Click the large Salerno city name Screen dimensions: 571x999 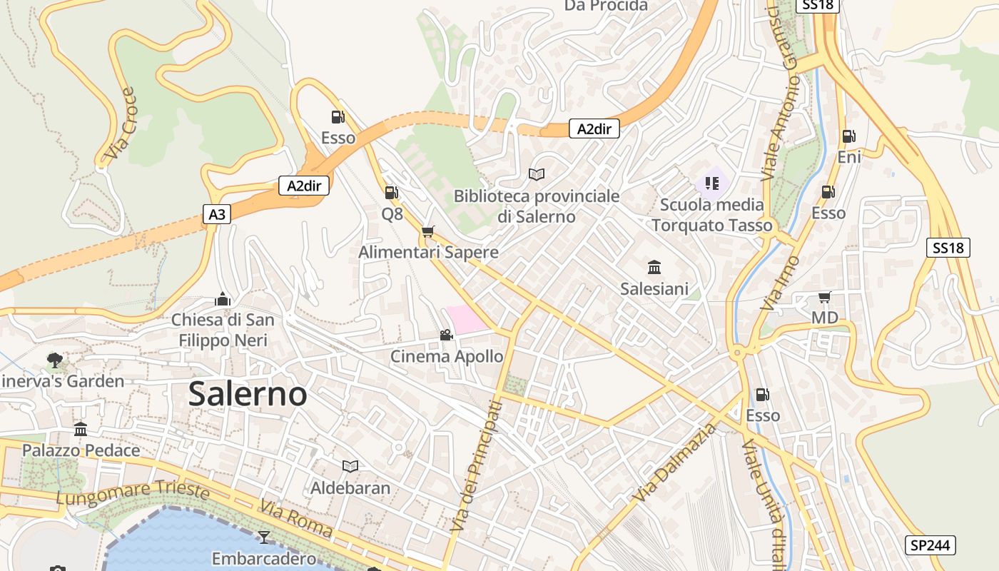point(248,394)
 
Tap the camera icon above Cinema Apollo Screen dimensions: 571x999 point(446,335)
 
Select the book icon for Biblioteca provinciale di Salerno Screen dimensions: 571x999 point(537,174)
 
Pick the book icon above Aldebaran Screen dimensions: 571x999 point(350,466)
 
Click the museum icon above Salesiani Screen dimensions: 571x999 point(654,268)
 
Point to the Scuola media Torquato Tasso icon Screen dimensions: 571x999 point(711,183)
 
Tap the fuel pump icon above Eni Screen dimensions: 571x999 point(848,136)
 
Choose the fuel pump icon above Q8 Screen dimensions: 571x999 point(391,192)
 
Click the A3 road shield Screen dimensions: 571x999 point(217,213)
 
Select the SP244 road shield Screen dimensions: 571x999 point(931,545)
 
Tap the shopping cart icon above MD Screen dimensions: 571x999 point(824,297)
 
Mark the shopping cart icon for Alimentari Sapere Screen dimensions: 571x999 point(427,231)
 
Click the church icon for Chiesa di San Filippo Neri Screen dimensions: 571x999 point(223,299)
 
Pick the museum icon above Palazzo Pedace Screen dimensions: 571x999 point(81,429)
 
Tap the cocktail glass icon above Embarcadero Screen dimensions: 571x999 point(264,536)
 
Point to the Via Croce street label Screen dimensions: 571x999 point(119,124)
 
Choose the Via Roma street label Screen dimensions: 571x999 point(295,519)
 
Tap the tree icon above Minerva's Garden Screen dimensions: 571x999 point(54,360)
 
